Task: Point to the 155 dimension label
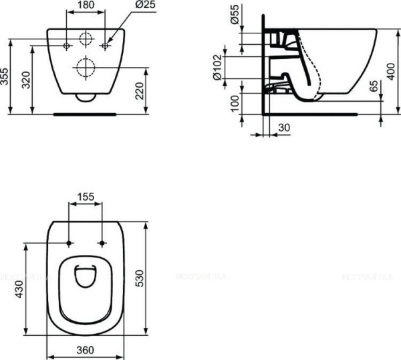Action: point(85,198)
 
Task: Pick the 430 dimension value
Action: point(21,288)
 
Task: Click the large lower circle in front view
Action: point(86,67)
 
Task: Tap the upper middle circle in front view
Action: point(86,38)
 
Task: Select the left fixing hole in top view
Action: point(70,243)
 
